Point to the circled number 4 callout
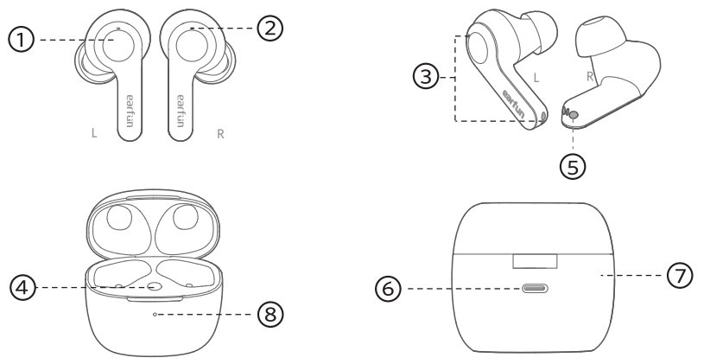click(22, 287)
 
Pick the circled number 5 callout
click(573, 162)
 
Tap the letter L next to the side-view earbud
click(536, 78)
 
